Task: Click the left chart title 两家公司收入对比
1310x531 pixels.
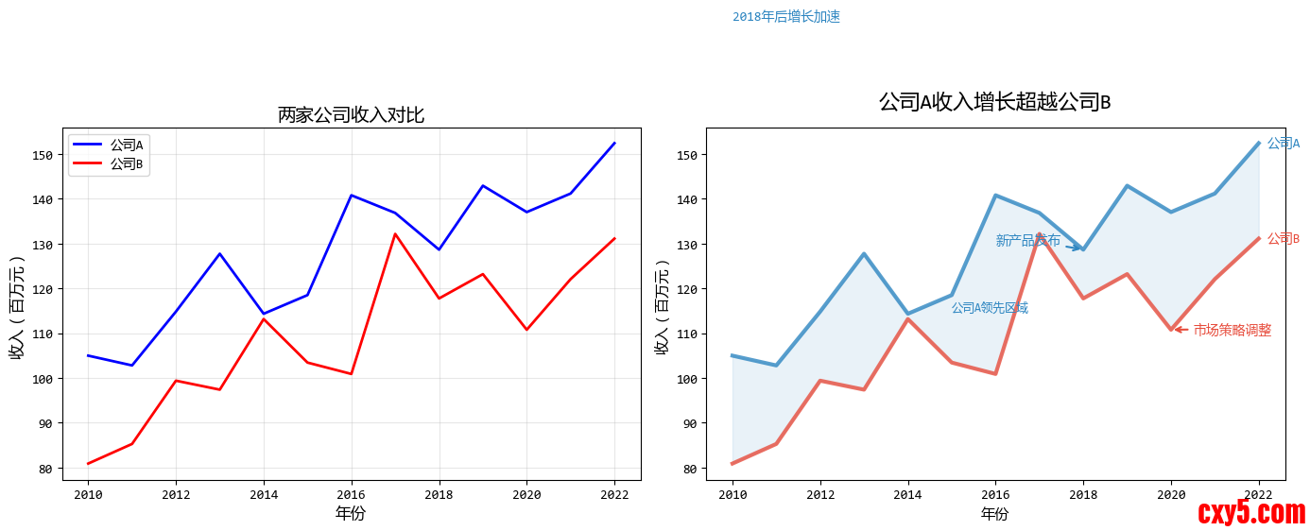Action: [x=351, y=115]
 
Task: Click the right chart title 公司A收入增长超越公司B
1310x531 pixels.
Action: [x=994, y=102]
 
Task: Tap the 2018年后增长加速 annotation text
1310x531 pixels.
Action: [x=785, y=17]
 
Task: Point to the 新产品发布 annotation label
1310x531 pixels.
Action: [x=1027, y=241]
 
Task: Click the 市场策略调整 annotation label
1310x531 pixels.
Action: [x=1232, y=330]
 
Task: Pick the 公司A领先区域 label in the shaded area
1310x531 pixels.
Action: [x=990, y=308]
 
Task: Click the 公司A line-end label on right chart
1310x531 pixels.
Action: [x=1283, y=144]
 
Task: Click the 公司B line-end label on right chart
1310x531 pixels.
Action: [x=1283, y=239]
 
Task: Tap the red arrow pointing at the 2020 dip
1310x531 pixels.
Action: [x=1181, y=330]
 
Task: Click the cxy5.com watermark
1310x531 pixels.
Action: [x=1250, y=512]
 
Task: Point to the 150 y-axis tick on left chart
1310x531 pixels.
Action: [x=43, y=155]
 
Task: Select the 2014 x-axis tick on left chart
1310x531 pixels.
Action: [x=264, y=494]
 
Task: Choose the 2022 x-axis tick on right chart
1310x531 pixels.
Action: [x=1258, y=494]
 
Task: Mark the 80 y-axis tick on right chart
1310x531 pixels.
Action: [x=688, y=469]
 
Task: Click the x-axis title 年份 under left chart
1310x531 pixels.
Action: [x=351, y=514]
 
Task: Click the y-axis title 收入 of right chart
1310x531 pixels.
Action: [x=663, y=306]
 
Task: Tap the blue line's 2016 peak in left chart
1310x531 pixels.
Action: [x=352, y=196]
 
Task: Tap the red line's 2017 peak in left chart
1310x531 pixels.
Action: [x=395, y=233]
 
